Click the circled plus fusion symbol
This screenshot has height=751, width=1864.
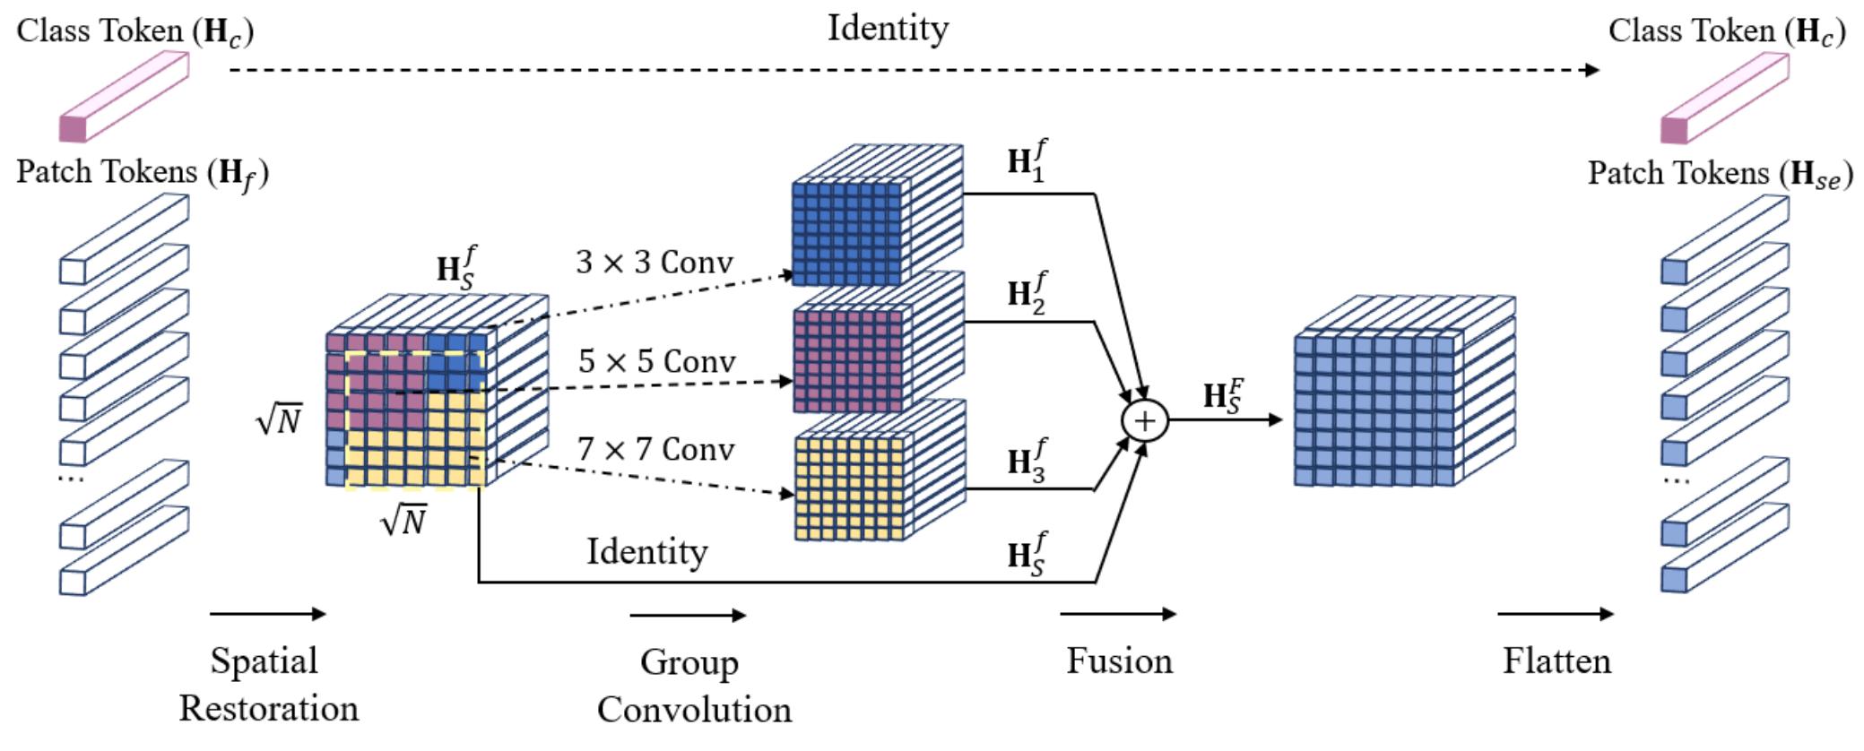[x=1145, y=419]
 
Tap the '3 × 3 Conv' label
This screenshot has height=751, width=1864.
[x=655, y=262]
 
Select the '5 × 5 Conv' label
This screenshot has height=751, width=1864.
[x=656, y=361]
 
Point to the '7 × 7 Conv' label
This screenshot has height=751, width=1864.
[x=656, y=448]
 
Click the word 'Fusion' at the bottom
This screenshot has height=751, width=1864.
[x=1119, y=660]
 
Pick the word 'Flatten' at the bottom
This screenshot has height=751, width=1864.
[x=1556, y=660]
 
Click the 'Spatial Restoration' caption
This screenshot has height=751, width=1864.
[x=267, y=684]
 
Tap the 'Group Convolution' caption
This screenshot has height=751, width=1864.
[x=694, y=686]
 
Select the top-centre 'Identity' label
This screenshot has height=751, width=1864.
[x=887, y=28]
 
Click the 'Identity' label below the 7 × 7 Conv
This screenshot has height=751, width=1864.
[x=646, y=551]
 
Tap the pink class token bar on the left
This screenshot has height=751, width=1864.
[x=124, y=96]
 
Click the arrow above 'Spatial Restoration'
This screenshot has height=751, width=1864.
[x=267, y=614]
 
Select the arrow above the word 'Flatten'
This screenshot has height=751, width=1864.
[x=1555, y=614]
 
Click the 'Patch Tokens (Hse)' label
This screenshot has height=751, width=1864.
[x=1719, y=173]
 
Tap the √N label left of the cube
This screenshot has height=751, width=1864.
[x=279, y=419]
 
